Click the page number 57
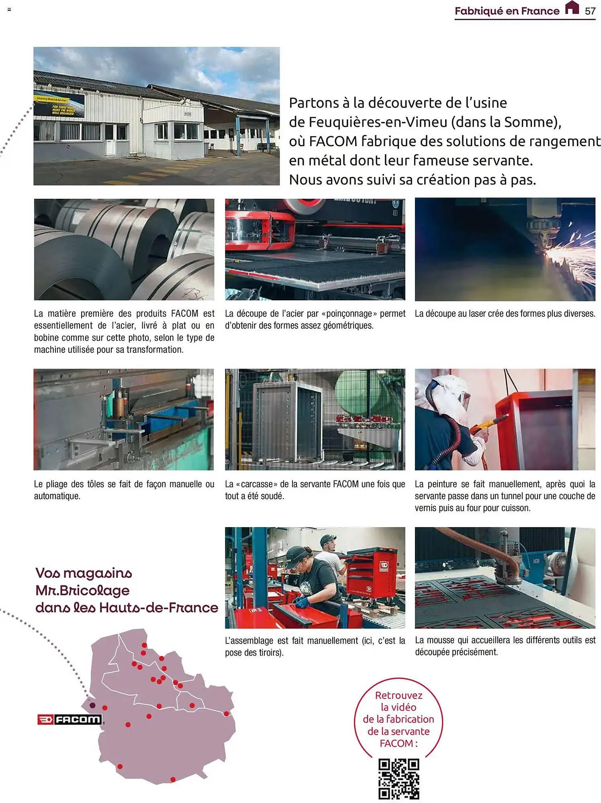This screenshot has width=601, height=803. pyautogui.click(x=590, y=11)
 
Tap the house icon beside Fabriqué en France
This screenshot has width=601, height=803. pyautogui.click(x=572, y=8)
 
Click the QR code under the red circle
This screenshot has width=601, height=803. pyautogui.click(x=399, y=779)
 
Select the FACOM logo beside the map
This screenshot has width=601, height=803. pyautogui.click(x=69, y=719)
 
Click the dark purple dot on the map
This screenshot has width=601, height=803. pyautogui.click(x=92, y=705)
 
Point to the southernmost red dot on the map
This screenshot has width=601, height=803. pyautogui.click(x=173, y=779)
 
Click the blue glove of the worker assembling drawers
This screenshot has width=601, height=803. pyautogui.click(x=301, y=601)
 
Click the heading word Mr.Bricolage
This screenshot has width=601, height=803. pyautogui.click(x=82, y=591)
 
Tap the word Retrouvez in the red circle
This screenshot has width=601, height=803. pyautogui.click(x=399, y=695)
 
